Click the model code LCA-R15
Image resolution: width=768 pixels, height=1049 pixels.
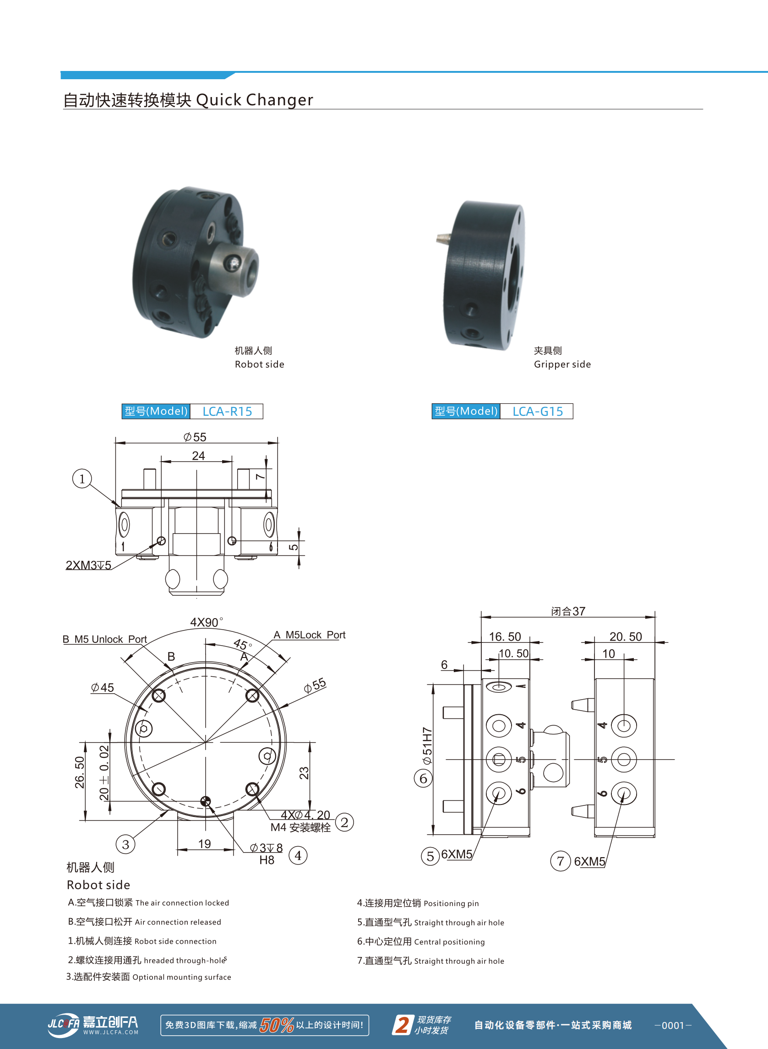[227, 411]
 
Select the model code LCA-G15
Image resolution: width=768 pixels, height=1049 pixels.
[537, 411]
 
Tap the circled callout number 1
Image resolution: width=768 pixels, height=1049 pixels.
[82, 478]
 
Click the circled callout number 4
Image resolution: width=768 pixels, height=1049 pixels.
[298, 855]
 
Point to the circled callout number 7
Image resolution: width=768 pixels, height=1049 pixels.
[560, 861]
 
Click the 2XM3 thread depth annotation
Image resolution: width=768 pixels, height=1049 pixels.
[88, 565]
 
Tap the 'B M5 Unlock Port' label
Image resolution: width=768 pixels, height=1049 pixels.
[104, 639]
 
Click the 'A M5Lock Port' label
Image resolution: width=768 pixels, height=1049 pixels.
[309, 635]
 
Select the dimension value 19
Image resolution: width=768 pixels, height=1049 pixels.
[205, 843]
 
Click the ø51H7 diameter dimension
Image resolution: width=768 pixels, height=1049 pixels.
[427, 746]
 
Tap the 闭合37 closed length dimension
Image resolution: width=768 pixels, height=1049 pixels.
[568, 611]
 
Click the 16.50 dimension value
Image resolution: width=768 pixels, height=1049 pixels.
[505, 636]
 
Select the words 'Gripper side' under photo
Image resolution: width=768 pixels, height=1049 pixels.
[562, 364]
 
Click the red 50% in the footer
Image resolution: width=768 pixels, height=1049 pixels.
[277, 1024]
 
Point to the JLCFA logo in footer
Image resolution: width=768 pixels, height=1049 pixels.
[93, 1024]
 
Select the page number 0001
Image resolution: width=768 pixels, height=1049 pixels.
[673, 1025]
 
